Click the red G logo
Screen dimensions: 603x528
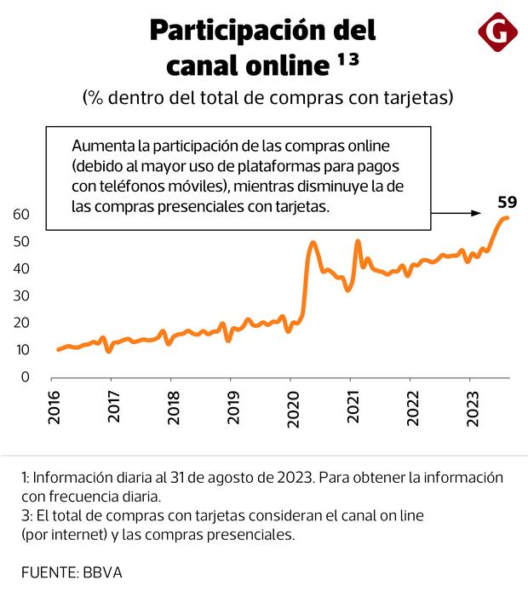[498, 34]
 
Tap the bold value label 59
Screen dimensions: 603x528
[507, 203]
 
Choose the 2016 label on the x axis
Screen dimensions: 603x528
[54, 409]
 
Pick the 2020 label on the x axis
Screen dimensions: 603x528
[290, 409]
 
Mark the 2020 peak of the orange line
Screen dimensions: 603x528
[313, 243]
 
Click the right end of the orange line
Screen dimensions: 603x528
[508, 218]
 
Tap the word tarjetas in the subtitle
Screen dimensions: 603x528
[412, 98]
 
